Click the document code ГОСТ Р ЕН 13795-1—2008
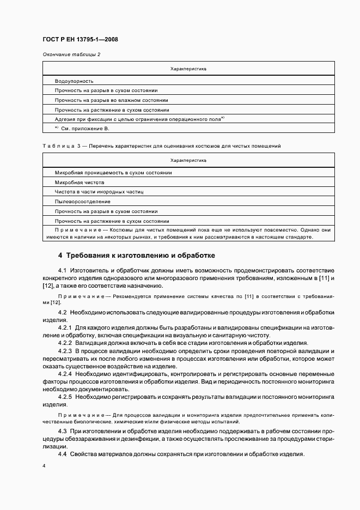click(80, 40)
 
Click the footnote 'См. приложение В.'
click(82, 128)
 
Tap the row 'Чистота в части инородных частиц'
click(99, 192)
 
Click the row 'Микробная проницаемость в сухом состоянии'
click(113, 172)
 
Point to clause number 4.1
click(62, 271)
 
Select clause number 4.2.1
click(65, 327)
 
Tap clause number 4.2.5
click(65, 398)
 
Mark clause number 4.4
click(62, 455)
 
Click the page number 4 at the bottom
click(44, 466)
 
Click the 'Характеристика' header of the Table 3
click(188, 161)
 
